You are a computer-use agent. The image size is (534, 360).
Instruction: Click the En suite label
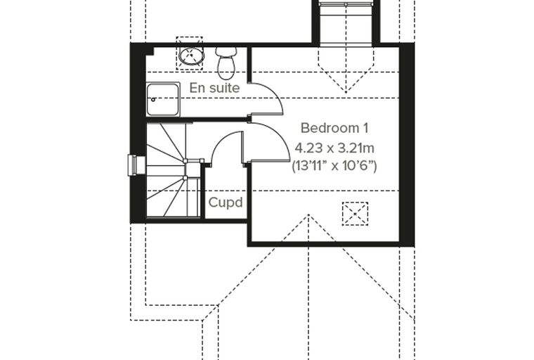(x=214, y=88)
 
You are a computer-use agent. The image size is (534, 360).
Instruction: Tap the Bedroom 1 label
(x=334, y=128)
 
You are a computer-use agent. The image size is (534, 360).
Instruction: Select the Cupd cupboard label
(x=226, y=202)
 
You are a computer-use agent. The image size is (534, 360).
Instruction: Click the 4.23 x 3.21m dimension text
(x=334, y=148)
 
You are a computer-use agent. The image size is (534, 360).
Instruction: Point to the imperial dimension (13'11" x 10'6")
(x=334, y=166)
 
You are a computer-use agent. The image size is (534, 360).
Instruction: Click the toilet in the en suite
(x=226, y=63)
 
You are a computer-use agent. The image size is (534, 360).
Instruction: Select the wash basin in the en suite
(x=191, y=55)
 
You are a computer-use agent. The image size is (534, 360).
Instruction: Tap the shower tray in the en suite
(x=163, y=99)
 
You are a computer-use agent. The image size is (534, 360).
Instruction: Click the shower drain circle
(x=153, y=100)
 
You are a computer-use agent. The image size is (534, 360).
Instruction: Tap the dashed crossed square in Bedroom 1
(x=355, y=214)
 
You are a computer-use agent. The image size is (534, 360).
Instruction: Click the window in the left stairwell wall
(x=133, y=165)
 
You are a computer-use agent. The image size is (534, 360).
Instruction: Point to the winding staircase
(x=173, y=169)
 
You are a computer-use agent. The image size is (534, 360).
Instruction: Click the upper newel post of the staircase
(x=185, y=161)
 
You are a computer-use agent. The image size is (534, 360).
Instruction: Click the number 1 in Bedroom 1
(x=366, y=128)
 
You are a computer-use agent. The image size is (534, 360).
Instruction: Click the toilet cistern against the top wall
(x=226, y=51)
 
